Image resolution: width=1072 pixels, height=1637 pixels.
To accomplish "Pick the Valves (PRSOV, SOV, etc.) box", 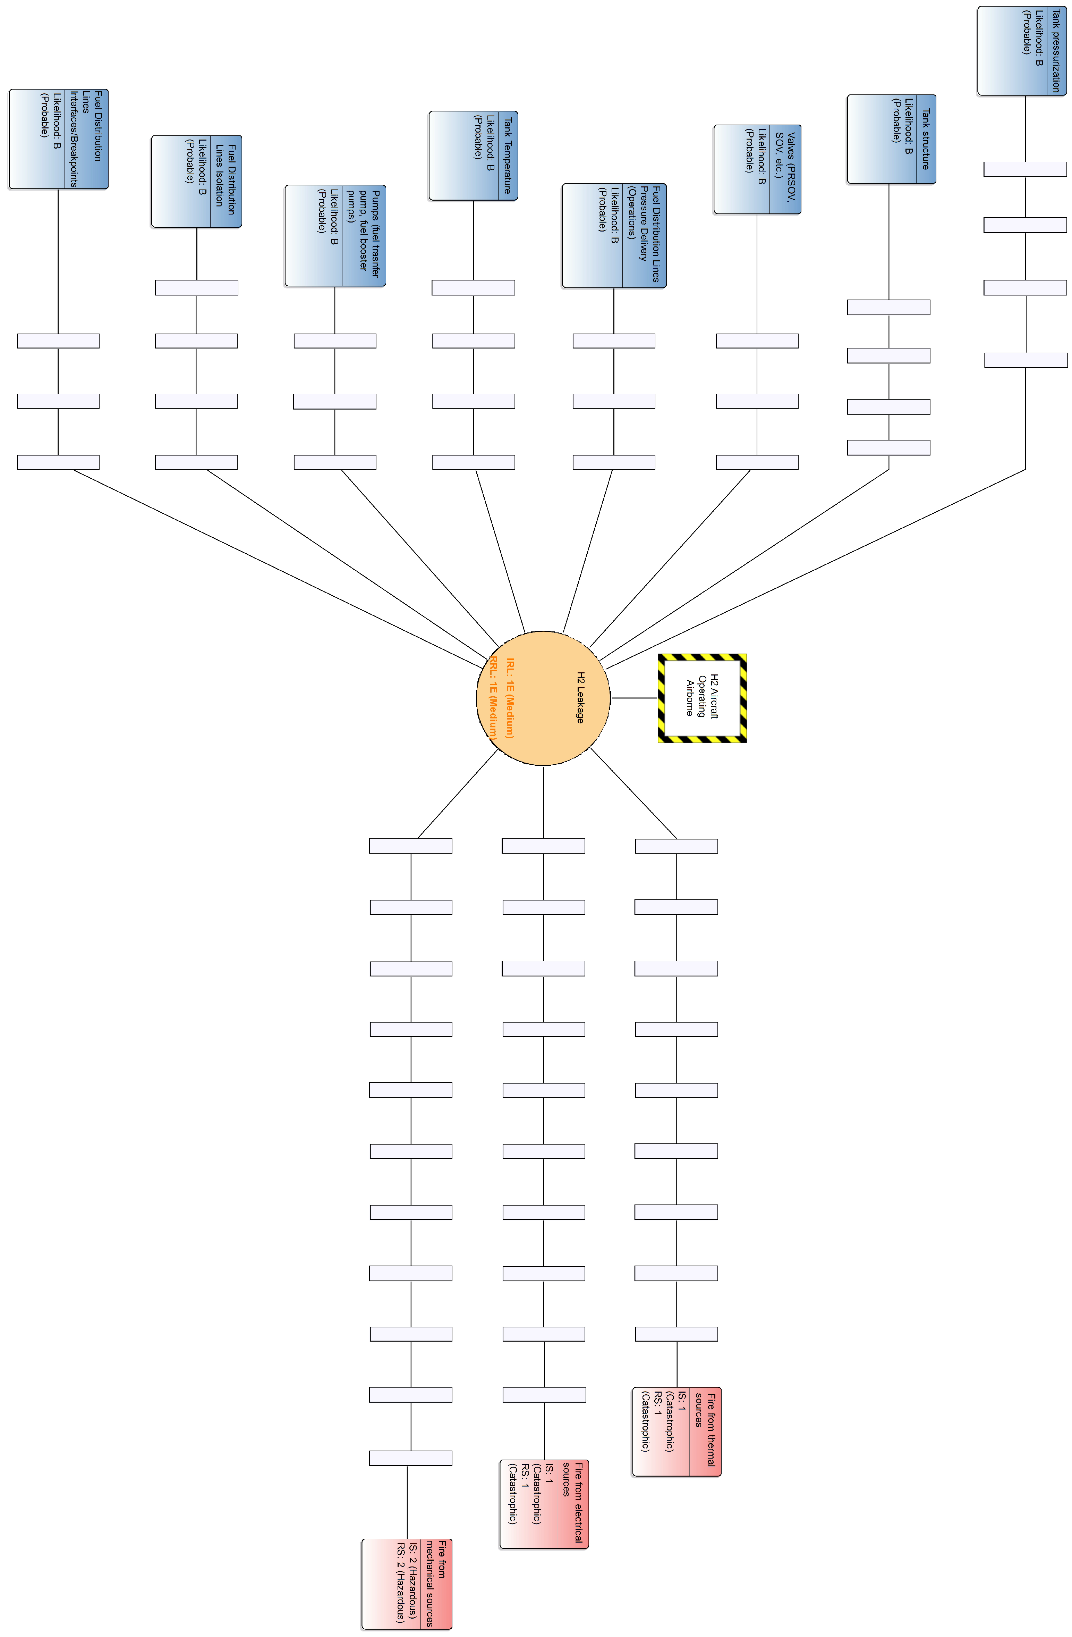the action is pos(757,169).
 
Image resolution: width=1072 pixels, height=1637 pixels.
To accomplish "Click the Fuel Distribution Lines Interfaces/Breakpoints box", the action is pos(58,139).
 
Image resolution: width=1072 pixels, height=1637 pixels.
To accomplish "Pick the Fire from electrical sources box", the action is pos(544,1504).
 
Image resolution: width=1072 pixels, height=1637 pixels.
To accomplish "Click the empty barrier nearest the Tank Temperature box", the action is pos(473,287).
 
